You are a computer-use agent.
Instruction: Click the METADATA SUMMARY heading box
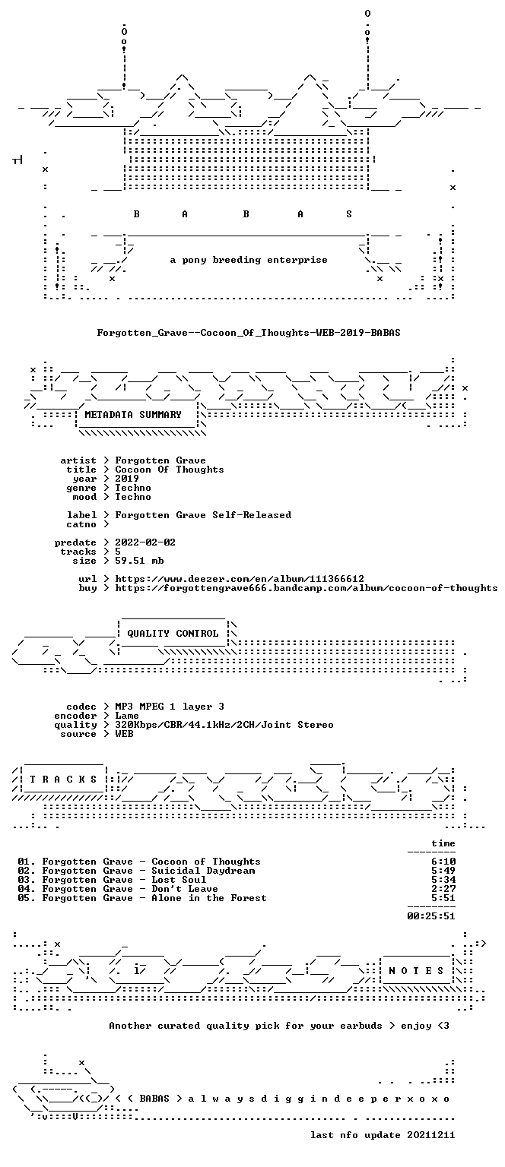tap(133, 415)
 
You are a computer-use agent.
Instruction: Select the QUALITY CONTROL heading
tap(173, 634)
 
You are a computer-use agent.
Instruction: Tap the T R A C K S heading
tap(63, 780)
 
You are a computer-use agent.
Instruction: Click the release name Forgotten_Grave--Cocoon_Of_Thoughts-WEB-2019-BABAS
tap(249, 332)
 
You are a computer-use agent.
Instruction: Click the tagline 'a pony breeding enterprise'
tap(249, 260)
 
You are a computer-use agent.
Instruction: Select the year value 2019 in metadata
tap(127, 478)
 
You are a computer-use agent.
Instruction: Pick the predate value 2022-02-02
tap(145, 542)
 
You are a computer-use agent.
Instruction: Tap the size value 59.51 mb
tap(139, 561)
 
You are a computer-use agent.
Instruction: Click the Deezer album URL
tap(240, 579)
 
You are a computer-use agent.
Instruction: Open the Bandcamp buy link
tap(306, 588)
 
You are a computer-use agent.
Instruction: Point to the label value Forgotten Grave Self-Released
tap(203, 515)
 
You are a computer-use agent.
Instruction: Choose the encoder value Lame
tap(127, 716)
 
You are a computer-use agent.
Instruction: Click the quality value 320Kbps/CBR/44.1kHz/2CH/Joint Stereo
tap(224, 725)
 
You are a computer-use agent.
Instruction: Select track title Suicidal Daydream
tap(204, 871)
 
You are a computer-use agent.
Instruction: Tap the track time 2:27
tap(443, 889)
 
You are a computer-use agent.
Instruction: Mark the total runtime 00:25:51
tap(431, 916)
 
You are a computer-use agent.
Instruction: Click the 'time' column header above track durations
tap(443, 843)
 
